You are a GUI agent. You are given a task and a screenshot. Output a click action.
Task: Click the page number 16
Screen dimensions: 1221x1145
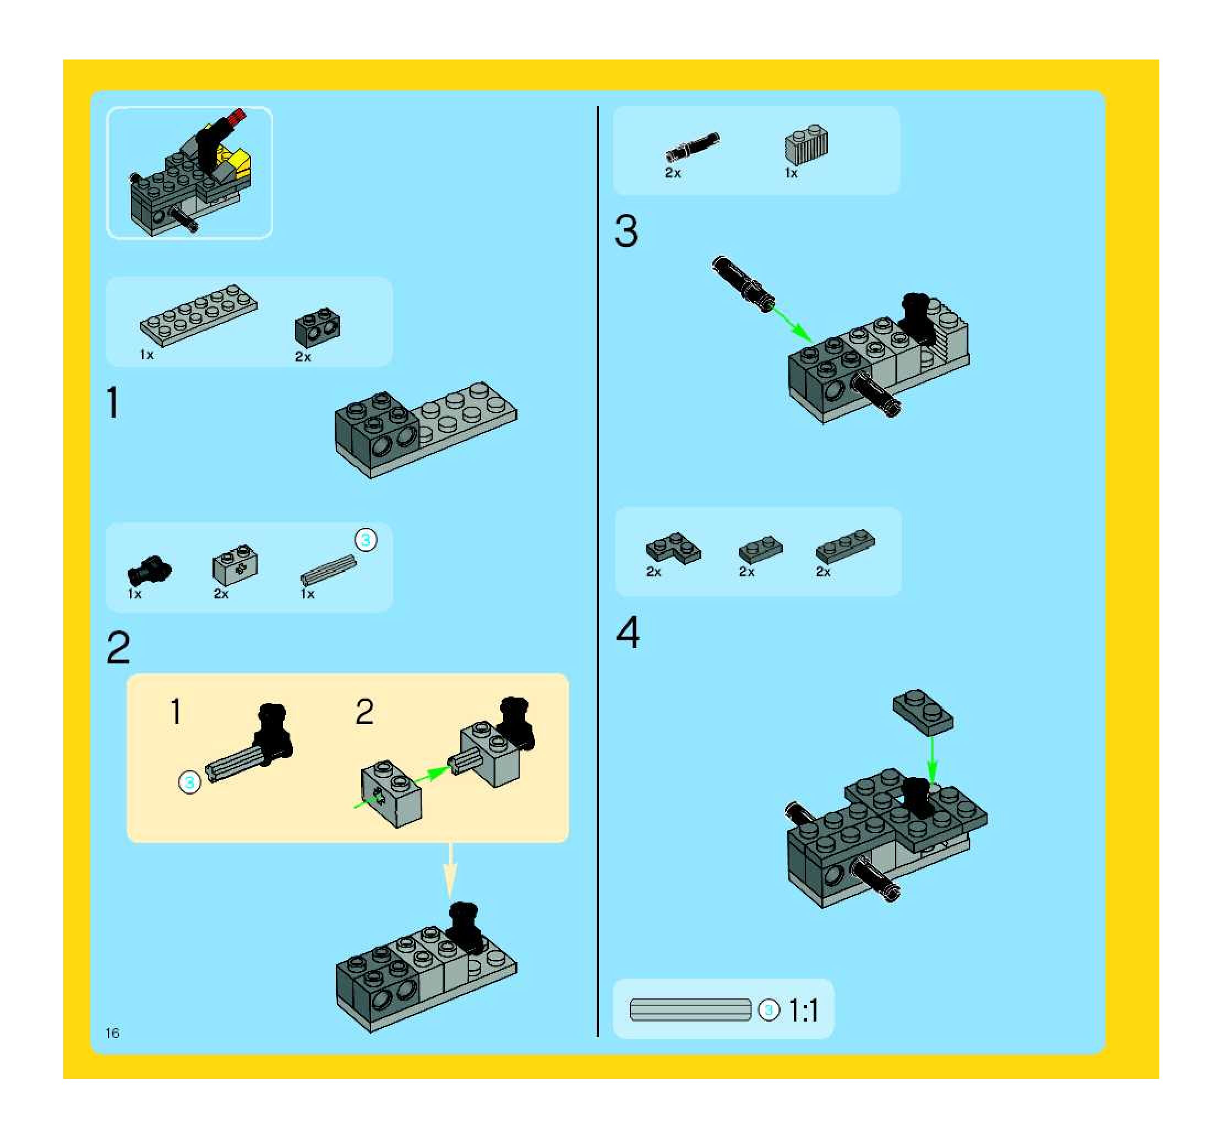click(112, 1033)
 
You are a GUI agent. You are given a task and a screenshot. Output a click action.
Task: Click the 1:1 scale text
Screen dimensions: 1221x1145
click(803, 1011)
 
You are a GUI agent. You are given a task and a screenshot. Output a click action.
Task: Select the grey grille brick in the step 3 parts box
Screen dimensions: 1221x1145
click(806, 145)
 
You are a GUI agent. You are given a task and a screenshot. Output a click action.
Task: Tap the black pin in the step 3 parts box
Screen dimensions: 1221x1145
click(692, 148)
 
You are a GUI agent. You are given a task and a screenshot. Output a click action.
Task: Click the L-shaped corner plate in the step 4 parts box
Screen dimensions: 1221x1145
click(673, 548)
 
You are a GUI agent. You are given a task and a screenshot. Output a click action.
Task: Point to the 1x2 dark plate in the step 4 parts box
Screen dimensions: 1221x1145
click(760, 549)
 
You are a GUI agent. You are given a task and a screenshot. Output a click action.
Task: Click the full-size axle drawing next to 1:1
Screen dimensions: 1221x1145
click(690, 1010)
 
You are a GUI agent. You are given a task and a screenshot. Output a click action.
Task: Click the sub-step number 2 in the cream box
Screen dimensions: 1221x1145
click(364, 712)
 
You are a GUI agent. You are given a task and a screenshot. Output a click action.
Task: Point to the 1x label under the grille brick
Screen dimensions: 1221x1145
click(791, 174)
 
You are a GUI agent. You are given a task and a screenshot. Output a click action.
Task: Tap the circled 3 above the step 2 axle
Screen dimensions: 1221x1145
click(366, 540)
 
